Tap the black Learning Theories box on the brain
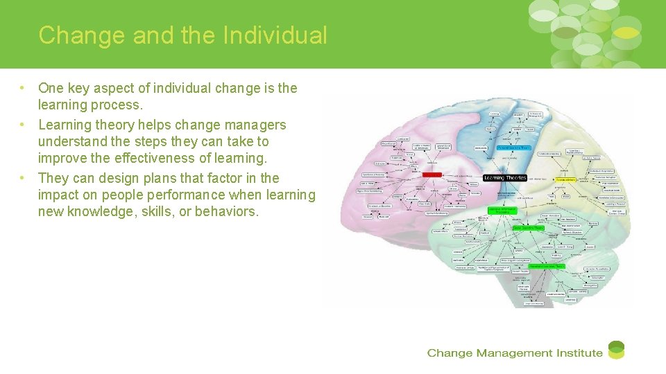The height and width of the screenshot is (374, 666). click(x=504, y=177)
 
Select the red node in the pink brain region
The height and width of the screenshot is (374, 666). click(x=432, y=175)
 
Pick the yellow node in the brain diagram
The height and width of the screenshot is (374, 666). click(x=567, y=179)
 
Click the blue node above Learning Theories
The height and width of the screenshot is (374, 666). click(x=514, y=148)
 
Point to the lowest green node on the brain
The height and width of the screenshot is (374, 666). click(x=547, y=265)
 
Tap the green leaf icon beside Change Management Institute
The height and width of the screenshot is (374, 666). click(x=616, y=350)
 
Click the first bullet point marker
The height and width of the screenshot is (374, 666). click(x=23, y=88)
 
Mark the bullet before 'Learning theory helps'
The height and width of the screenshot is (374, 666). click(x=23, y=125)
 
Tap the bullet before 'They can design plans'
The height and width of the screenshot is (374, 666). click(x=23, y=178)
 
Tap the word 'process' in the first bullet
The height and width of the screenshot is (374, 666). click(x=120, y=105)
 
